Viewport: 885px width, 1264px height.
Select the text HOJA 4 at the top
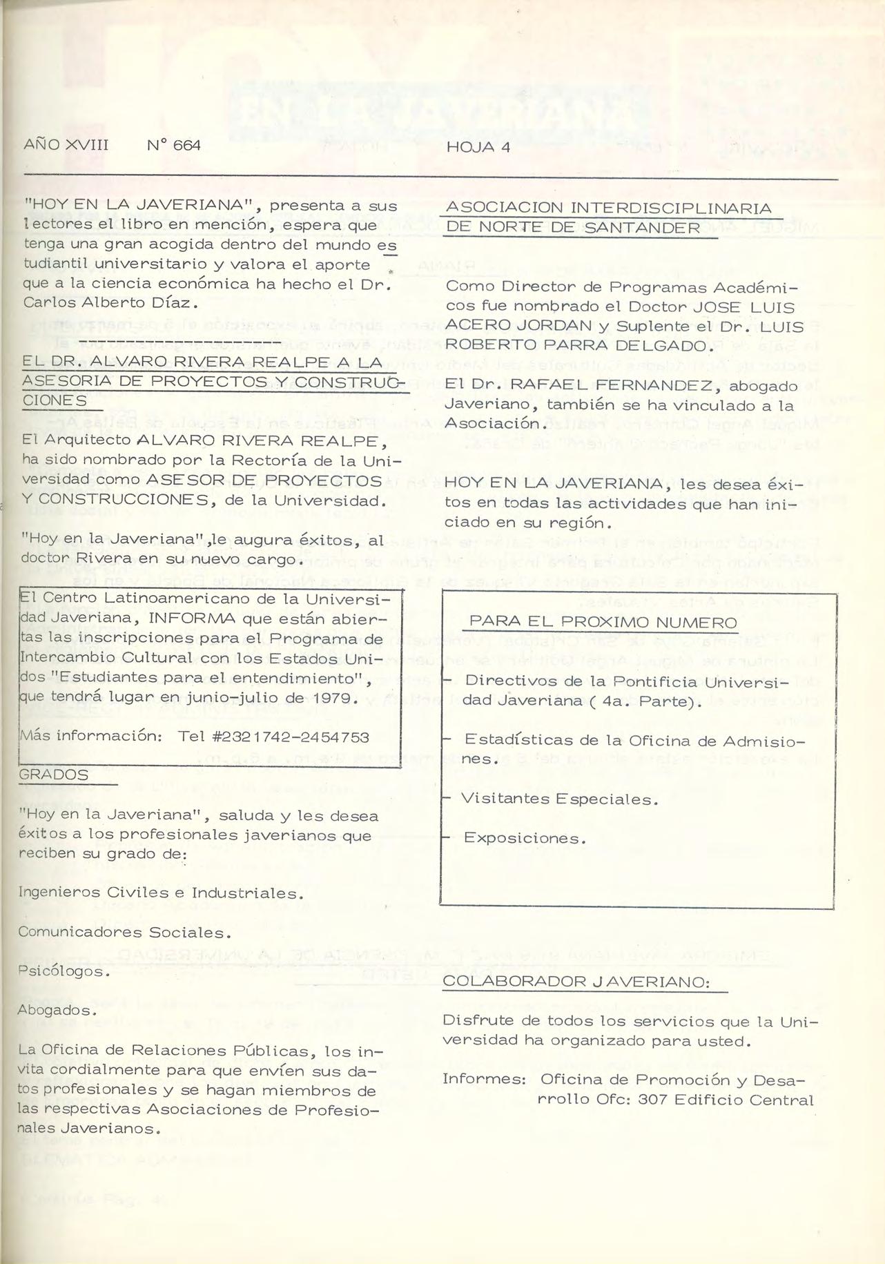pyautogui.click(x=478, y=147)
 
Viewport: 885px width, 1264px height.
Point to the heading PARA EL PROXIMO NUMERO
pyautogui.click(x=603, y=622)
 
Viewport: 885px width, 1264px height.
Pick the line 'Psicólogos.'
pyautogui.click(x=64, y=971)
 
